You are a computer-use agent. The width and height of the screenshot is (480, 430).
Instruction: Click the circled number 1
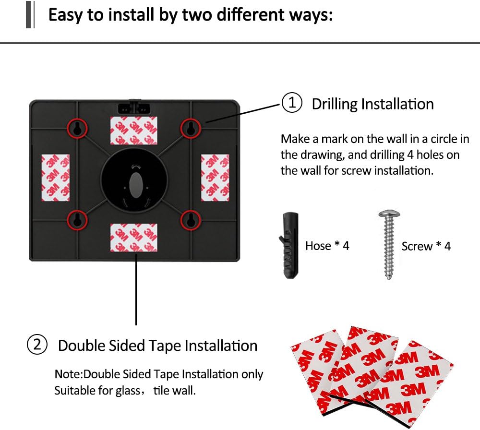(x=292, y=103)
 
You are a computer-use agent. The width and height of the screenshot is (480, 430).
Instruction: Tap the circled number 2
(x=37, y=345)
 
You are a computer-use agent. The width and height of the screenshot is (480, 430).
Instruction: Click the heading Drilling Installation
(x=372, y=104)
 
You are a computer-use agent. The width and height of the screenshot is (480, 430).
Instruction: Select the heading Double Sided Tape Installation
(x=157, y=346)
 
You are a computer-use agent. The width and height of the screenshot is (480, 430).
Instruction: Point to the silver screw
(x=389, y=244)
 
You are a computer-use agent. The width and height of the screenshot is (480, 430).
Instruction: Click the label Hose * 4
(x=327, y=246)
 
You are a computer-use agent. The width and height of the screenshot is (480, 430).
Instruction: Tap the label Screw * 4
(x=426, y=246)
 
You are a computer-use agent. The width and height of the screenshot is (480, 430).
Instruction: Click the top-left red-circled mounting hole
(x=77, y=128)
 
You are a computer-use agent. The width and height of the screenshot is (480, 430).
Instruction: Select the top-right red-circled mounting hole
(x=191, y=128)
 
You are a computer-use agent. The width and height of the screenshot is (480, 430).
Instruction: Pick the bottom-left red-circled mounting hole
(x=77, y=220)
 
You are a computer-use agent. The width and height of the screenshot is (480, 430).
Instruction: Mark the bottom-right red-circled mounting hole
(x=191, y=220)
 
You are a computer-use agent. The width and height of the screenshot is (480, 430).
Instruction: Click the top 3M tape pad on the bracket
(x=134, y=131)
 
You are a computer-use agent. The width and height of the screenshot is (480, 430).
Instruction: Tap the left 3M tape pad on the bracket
(x=55, y=178)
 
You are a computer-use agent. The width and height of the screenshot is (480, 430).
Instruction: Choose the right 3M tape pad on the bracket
(x=215, y=178)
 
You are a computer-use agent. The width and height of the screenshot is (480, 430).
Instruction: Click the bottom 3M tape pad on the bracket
(x=134, y=238)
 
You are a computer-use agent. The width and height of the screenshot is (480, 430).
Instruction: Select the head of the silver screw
(x=389, y=214)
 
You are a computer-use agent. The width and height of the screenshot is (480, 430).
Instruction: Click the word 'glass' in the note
(x=128, y=391)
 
